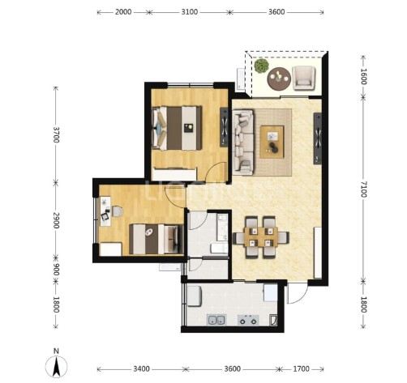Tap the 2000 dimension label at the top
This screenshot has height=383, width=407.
click(123, 12)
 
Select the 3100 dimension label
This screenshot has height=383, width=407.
click(190, 12)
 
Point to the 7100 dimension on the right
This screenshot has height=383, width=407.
click(364, 189)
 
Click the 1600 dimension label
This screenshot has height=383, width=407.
click(364, 76)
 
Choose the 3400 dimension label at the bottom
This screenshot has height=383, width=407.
click(141, 368)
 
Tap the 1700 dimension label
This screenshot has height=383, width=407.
click(301, 368)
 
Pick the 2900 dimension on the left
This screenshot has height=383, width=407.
click(56, 220)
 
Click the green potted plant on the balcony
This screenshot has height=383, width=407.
click(261, 66)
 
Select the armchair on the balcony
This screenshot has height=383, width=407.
click(304, 78)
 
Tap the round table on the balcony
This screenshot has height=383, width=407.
click(279, 79)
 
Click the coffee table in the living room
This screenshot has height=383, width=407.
click(272, 142)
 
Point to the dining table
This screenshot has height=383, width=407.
click(261, 237)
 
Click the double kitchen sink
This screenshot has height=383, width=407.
click(216, 320)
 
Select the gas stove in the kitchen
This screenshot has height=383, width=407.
click(248, 320)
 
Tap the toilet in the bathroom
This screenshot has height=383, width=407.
click(219, 249)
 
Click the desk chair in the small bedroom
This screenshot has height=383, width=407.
click(117, 211)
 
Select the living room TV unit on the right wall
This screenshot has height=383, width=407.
click(318, 138)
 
